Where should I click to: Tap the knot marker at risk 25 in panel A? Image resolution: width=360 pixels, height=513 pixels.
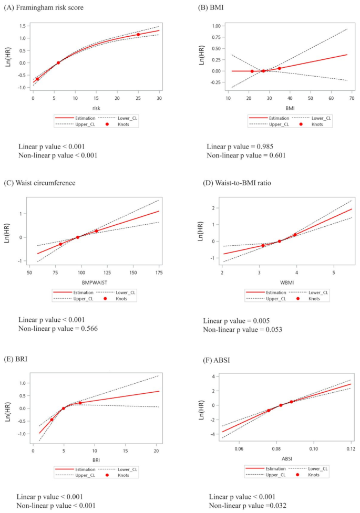point(138,35)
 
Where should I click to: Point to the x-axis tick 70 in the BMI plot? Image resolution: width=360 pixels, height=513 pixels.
point(348,98)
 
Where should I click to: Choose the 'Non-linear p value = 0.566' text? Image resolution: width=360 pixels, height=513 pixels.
point(58,329)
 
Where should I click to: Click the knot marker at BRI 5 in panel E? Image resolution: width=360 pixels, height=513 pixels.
point(64,409)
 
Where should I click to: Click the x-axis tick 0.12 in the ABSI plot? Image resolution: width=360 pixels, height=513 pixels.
point(351,449)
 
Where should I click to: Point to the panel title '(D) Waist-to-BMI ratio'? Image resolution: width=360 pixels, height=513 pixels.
point(242,183)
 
